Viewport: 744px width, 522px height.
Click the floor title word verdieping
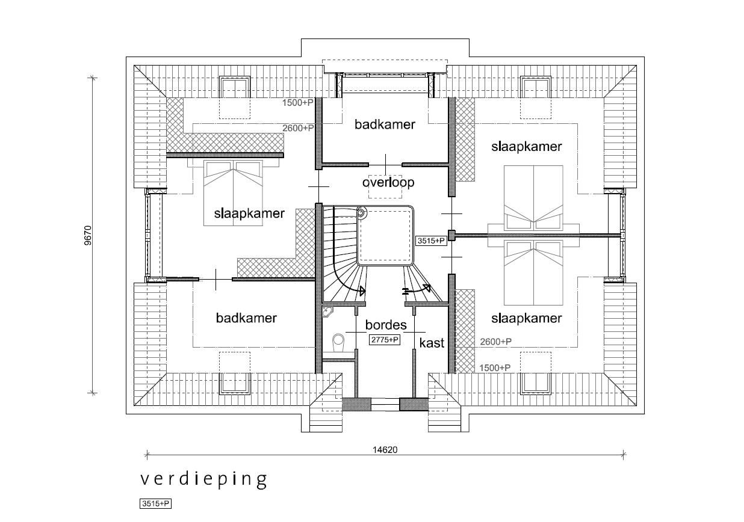[203, 479]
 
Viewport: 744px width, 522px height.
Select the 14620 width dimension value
[385, 449]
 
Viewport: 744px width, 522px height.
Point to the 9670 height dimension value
[88, 235]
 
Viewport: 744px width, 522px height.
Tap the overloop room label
[388, 182]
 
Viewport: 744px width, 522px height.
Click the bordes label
[386, 325]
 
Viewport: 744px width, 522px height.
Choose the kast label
[432, 343]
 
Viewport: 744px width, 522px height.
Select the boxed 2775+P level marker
[385, 340]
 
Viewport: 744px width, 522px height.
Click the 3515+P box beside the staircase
[431, 241]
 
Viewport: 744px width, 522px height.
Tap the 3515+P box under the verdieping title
[156, 504]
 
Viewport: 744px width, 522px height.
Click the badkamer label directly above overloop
[385, 124]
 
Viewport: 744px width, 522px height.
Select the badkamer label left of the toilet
[246, 318]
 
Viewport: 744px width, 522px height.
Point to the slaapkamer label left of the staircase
[249, 213]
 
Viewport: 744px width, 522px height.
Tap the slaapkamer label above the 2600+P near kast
[526, 318]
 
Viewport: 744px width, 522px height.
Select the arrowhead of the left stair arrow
[362, 291]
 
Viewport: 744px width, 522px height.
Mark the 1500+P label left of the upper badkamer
[298, 103]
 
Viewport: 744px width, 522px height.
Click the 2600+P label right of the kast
[496, 342]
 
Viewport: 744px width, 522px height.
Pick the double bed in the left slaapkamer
[234, 192]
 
